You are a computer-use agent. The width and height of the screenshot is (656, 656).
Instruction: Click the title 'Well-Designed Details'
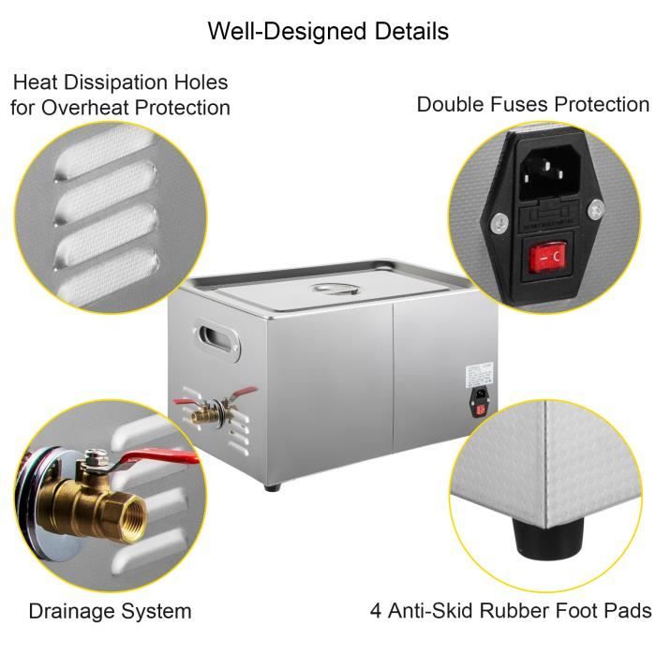[328, 31]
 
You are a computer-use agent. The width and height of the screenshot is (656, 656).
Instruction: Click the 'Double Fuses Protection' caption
[532, 104]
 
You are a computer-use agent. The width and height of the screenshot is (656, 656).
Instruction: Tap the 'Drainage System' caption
[110, 612]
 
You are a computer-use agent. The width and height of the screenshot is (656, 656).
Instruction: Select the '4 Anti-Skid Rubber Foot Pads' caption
[511, 612]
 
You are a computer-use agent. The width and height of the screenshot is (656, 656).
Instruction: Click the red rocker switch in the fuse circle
[547, 256]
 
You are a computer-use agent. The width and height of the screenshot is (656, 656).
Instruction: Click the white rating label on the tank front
[472, 372]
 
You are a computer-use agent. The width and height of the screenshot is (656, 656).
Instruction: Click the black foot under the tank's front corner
[273, 486]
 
